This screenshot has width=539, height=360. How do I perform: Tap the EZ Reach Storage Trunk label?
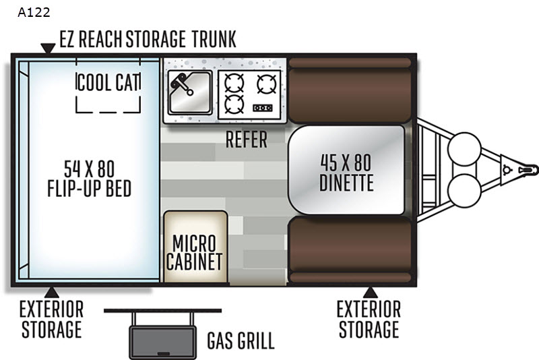(x=148, y=39)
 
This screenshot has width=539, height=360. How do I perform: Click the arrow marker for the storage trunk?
(x=47, y=49)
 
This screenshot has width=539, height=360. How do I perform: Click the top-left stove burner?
(x=233, y=82)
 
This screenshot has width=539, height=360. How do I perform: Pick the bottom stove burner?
(x=233, y=104)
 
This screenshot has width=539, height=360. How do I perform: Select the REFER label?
(x=246, y=140)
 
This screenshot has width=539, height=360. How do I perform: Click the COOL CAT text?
(x=108, y=82)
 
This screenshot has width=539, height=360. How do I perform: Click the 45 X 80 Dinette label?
(x=346, y=172)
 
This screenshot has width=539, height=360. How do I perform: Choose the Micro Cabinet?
(x=194, y=251)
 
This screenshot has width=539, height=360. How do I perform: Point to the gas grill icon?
(x=161, y=334)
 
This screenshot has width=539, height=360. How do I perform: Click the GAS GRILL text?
(x=241, y=340)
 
